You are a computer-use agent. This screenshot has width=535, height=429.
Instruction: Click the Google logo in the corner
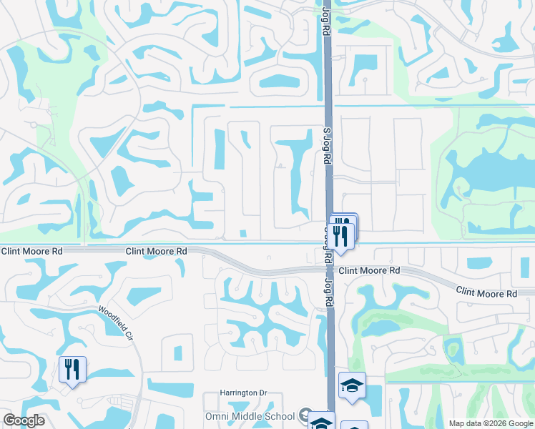click(24, 420)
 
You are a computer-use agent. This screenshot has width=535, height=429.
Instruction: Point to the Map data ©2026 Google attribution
click(490, 423)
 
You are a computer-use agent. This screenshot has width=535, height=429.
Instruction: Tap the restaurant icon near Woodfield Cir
click(72, 369)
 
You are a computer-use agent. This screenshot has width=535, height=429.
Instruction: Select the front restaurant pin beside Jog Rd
click(341, 235)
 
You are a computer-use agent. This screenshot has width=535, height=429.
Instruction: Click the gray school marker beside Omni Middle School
click(305, 415)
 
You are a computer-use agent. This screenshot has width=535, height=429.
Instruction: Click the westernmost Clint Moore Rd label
click(32, 251)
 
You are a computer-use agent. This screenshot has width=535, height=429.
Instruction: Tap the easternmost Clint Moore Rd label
click(486, 294)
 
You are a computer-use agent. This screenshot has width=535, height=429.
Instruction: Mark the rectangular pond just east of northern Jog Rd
click(363, 65)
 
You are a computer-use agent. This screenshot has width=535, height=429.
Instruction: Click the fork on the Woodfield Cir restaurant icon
click(69, 369)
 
